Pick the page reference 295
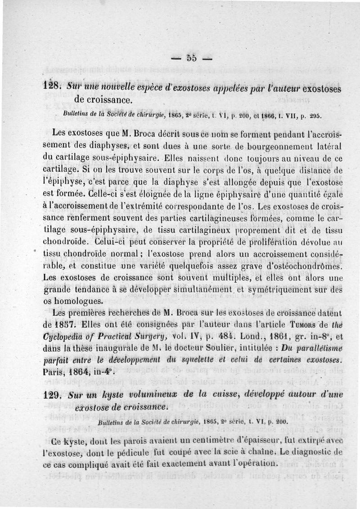315,115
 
